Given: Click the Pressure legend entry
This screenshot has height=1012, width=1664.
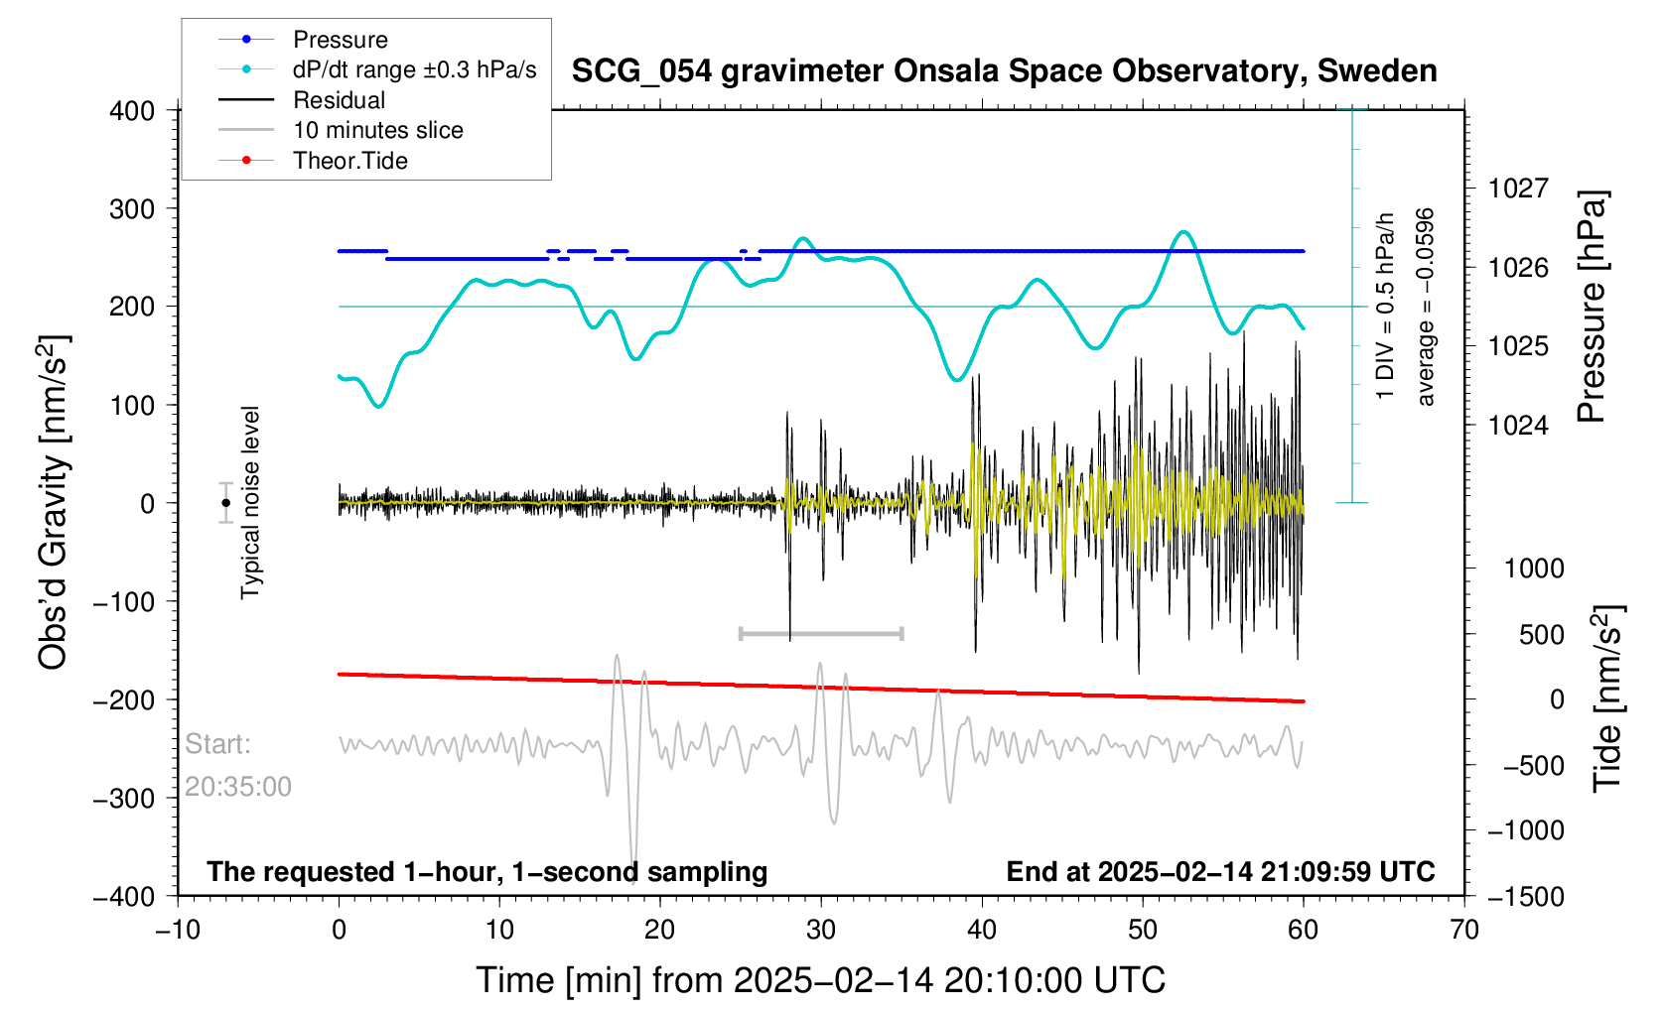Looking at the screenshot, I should [x=340, y=40].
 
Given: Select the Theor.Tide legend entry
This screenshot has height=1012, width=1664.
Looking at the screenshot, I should [x=349, y=161].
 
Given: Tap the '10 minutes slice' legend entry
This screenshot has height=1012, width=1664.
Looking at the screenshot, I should [x=377, y=130].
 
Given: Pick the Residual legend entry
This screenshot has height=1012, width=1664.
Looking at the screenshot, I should [x=339, y=100].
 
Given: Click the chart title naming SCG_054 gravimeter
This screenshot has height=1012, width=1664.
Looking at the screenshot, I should [x=1004, y=71].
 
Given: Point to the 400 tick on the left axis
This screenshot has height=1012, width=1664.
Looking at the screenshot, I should [x=132, y=111].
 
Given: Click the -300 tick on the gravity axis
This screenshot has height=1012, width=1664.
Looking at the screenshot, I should [x=124, y=799].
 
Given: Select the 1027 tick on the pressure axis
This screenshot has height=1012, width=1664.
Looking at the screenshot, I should [x=1517, y=189].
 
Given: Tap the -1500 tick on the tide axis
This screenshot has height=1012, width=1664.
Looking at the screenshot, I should [x=1525, y=896].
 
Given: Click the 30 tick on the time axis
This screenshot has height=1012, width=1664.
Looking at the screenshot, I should [x=821, y=931].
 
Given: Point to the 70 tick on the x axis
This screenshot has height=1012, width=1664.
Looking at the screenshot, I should [x=1464, y=931].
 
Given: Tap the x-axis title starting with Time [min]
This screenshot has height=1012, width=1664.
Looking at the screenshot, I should [x=820, y=980].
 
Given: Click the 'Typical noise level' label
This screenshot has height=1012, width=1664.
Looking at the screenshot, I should [x=250, y=503].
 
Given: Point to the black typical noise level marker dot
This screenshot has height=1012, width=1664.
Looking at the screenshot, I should [x=226, y=503].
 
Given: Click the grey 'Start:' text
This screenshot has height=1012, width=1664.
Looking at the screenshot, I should [x=217, y=744].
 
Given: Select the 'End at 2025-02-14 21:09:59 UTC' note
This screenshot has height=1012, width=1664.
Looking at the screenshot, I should [x=1220, y=872].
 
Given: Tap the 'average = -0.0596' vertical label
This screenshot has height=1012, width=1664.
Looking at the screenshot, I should [x=1426, y=308].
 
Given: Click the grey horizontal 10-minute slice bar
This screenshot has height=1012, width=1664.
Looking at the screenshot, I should [x=821, y=633].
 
